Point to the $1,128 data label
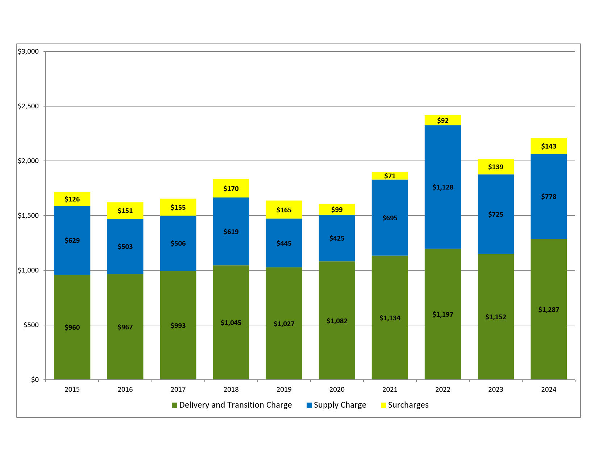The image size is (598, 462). [x=443, y=187]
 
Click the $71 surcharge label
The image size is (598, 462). [x=390, y=176]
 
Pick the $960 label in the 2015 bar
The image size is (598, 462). [x=72, y=328]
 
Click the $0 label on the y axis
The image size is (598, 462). [x=35, y=380]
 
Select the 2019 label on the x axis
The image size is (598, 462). [x=284, y=390]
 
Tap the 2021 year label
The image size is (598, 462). [x=390, y=390]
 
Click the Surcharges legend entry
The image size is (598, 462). [x=408, y=405]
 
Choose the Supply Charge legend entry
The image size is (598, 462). [x=340, y=405]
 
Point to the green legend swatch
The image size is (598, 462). [x=174, y=405]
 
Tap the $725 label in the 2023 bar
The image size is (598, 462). [x=495, y=215]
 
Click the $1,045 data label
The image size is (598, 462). [x=231, y=323]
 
